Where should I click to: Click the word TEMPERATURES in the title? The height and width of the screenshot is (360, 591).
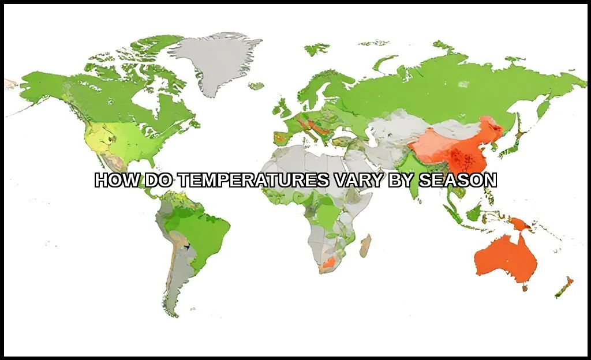pos(253,181)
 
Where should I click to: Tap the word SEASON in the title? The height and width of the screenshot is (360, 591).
pos(457,181)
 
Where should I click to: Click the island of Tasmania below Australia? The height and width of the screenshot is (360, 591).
pos(525,287)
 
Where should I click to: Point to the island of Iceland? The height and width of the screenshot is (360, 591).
pos(256,86)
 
